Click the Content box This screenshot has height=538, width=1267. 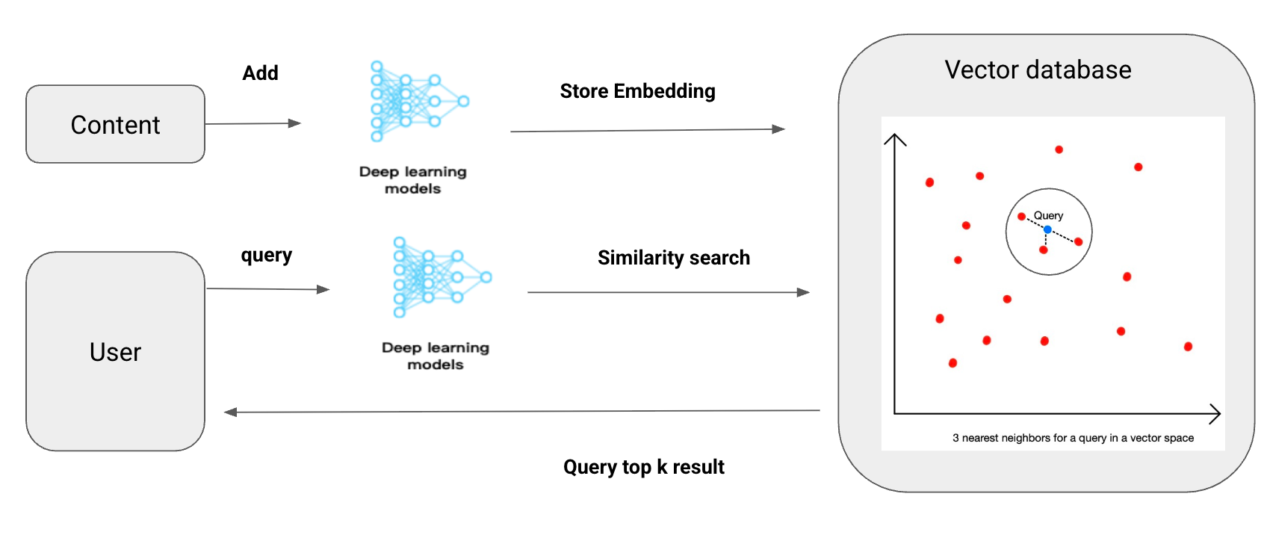click(115, 125)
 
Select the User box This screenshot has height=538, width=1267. click(115, 351)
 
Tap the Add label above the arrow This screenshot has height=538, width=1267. click(260, 73)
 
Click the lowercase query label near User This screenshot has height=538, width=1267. click(266, 256)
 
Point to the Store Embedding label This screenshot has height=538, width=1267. click(637, 91)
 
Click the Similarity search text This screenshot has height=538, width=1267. click(673, 258)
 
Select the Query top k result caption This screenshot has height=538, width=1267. click(643, 467)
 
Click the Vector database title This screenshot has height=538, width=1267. click(1038, 69)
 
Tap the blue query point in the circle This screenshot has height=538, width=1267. click(1047, 229)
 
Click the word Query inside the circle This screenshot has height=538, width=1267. click(1048, 215)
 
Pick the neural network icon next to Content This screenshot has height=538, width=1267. click(419, 102)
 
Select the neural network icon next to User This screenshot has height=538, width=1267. click(442, 277)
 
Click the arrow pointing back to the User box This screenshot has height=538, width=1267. click(523, 411)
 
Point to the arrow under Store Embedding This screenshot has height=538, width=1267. click(647, 130)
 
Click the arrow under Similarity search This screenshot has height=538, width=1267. click(668, 292)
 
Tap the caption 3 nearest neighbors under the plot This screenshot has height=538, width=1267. click(1072, 438)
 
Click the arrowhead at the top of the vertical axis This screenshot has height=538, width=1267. click(894, 138)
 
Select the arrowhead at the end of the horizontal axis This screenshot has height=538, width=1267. click(1216, 413)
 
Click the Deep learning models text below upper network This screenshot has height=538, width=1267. click(412, 180)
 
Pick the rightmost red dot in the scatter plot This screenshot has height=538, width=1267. click(1188, 347)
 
